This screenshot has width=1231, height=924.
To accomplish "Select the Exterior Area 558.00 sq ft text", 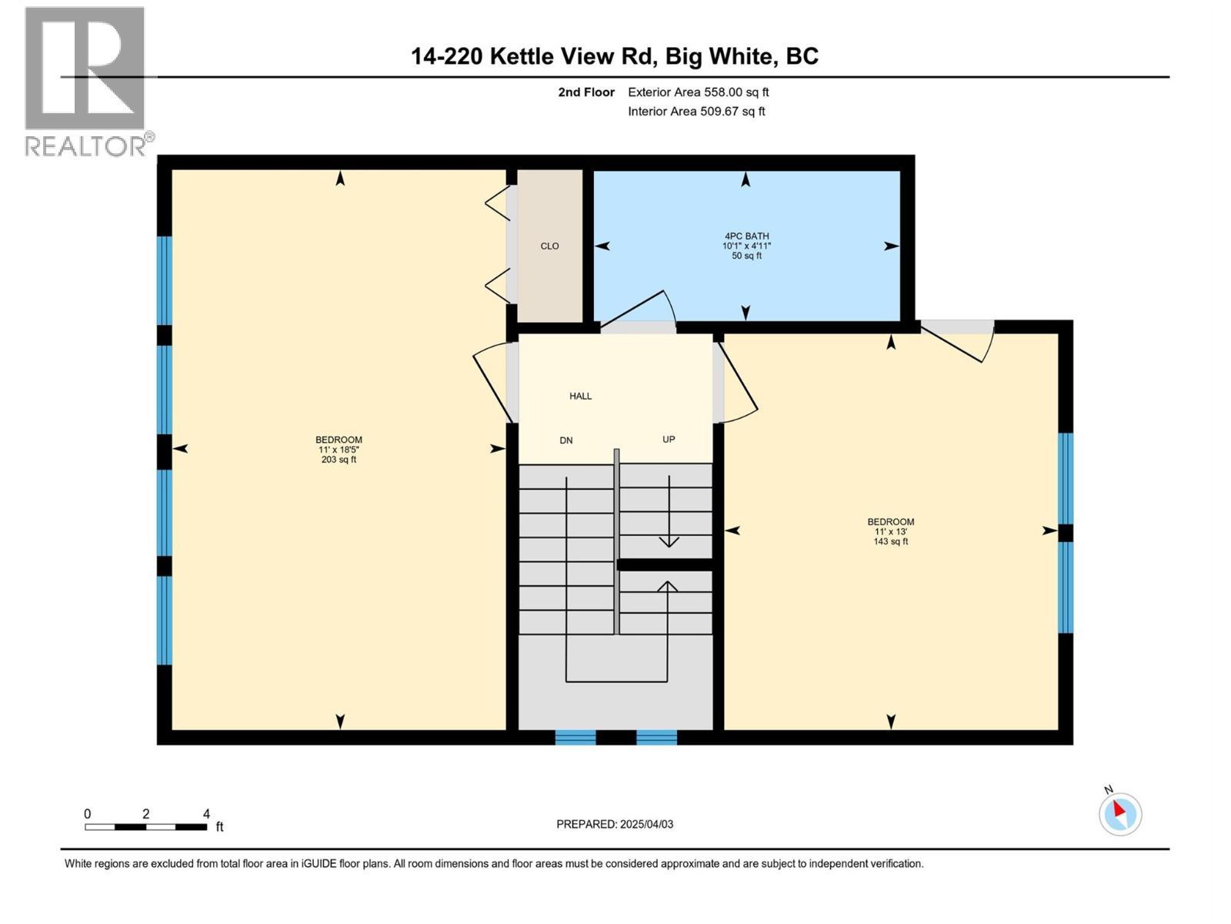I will point(698,92).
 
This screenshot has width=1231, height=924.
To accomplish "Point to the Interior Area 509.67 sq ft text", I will point(696,111).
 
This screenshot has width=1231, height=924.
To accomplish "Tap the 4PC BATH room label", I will point(746,246).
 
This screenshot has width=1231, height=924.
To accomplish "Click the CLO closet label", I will point(549,246).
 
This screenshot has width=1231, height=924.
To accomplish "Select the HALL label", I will point(580,396).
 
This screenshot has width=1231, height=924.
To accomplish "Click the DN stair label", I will point(566,440).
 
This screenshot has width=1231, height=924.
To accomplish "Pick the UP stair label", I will point(669,439).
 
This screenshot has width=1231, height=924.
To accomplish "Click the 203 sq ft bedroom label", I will point(339,450).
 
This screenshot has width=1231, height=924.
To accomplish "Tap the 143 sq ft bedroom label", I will point(890,531).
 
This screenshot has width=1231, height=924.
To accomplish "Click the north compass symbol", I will point(1119,814).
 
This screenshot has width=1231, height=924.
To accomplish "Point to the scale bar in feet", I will point(145,827).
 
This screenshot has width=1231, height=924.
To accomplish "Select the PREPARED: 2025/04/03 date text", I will point(615,824).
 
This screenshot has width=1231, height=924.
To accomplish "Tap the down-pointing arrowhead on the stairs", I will point(669,541).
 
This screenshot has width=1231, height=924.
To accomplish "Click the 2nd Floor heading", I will point(586,92).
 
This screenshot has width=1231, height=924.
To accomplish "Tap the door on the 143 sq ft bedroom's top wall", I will point(958,339).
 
